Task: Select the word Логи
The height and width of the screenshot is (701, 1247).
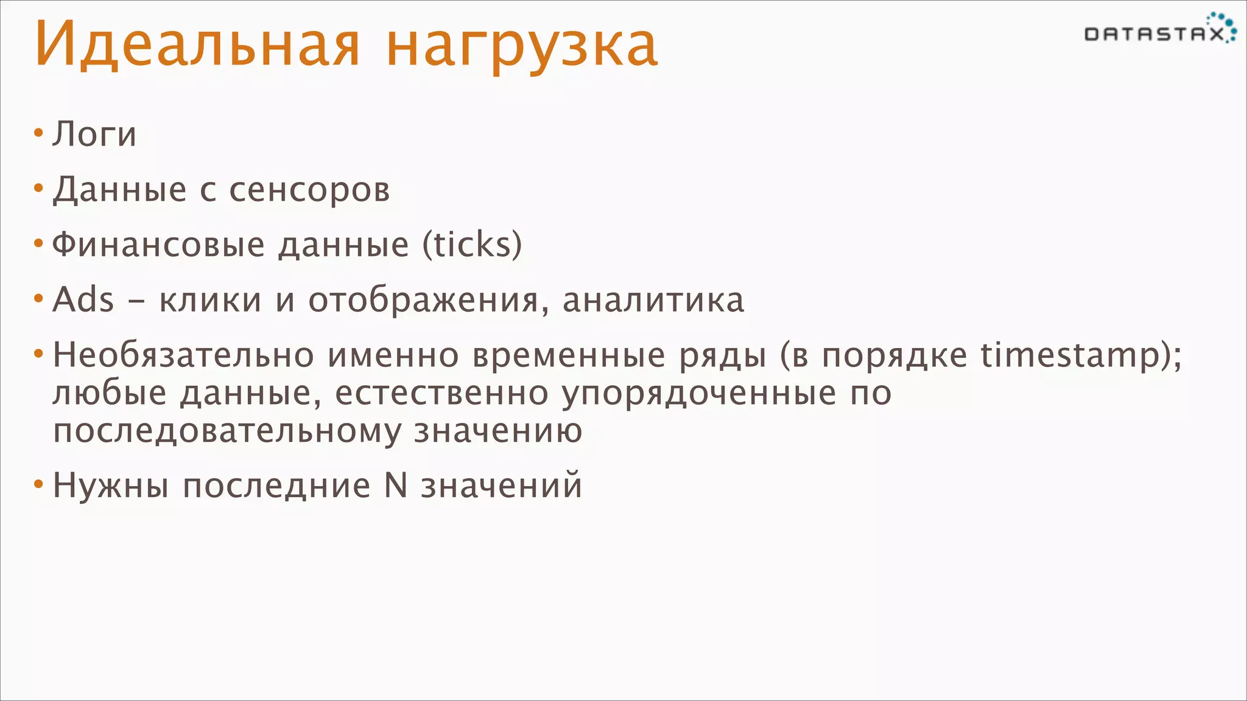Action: coord(94,134)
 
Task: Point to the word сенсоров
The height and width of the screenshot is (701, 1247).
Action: coord(309,190)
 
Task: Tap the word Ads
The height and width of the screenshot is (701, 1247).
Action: coord(83,300)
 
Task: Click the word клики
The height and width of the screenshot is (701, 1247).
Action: coord(210,301)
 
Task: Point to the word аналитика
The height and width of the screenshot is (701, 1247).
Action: coord(653,301)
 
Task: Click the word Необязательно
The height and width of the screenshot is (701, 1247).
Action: coord(183,355)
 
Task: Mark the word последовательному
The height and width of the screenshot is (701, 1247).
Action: coord(227,431)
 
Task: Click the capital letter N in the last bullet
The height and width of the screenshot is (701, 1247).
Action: coord(396,486)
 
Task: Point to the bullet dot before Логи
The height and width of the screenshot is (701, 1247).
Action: coord(38,132)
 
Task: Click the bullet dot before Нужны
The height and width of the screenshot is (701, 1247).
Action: coord(38,484)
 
